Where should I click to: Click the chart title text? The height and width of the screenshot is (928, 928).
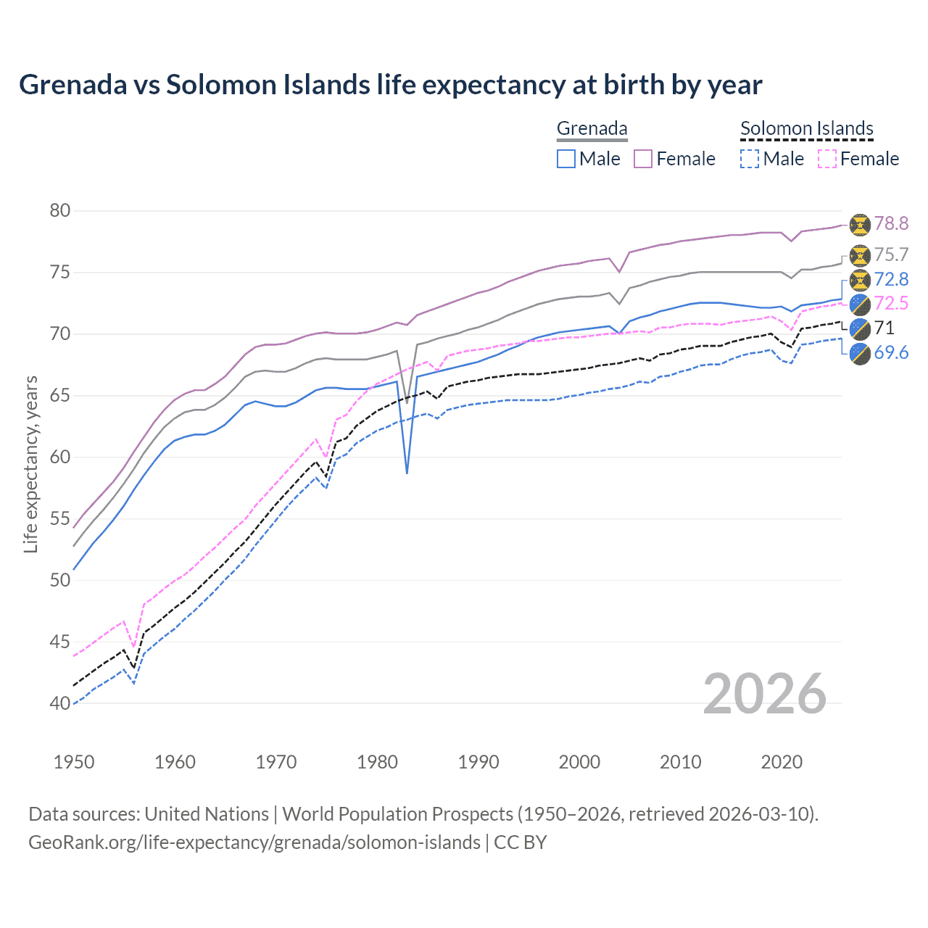click(390, 85)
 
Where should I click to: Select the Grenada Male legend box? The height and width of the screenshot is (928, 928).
click(566, 159)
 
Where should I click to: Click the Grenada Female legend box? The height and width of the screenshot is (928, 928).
click(643, 159)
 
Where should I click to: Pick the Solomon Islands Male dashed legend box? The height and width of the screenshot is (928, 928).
click(750, 159)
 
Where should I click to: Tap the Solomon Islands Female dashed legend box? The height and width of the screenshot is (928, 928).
click(827, 159)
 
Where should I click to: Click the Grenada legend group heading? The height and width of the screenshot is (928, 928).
click(592, 129)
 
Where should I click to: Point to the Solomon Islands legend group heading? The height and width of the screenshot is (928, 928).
click(806, 129)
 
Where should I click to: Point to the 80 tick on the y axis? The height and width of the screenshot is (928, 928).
click(60, 211)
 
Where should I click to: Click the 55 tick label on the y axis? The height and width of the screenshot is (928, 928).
click(60, 519)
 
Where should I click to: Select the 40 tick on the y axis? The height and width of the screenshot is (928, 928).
click(60, 703)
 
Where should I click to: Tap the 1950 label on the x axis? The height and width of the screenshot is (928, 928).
click(74, 762)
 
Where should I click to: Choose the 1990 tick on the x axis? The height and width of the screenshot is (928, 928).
click(478, 762)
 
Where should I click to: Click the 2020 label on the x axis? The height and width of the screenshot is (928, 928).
click(782, 762)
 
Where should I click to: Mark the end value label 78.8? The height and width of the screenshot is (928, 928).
click(891, 224)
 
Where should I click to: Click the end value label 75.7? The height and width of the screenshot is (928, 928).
click(891, 255)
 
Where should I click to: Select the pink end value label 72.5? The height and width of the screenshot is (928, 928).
click(891, 303)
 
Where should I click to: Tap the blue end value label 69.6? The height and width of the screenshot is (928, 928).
click(891, 353)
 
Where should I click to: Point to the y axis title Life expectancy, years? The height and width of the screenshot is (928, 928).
click(30, 464)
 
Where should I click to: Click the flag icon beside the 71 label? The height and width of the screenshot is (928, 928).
click(860, 328)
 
